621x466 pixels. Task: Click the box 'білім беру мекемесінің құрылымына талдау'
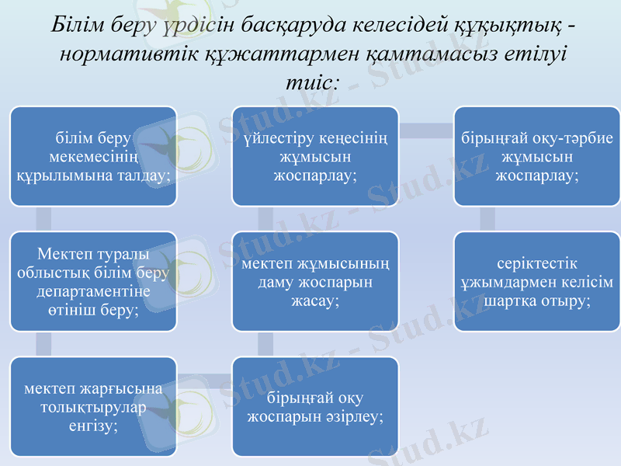click(x=93, y=156)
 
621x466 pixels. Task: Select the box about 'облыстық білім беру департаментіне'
click(x=93, y=281)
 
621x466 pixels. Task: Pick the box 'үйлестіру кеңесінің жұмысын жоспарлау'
click(x=315, y=156)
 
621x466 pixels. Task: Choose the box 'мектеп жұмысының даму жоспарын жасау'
click(x=315, y=281)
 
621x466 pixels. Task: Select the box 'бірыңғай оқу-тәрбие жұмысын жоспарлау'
click(x=537, y=156)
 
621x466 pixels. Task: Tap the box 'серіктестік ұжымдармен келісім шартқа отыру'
click(x=537, y=281)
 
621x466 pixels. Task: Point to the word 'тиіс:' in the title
click(x=312, y=79)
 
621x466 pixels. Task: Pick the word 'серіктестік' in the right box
click(x=537, y=264)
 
